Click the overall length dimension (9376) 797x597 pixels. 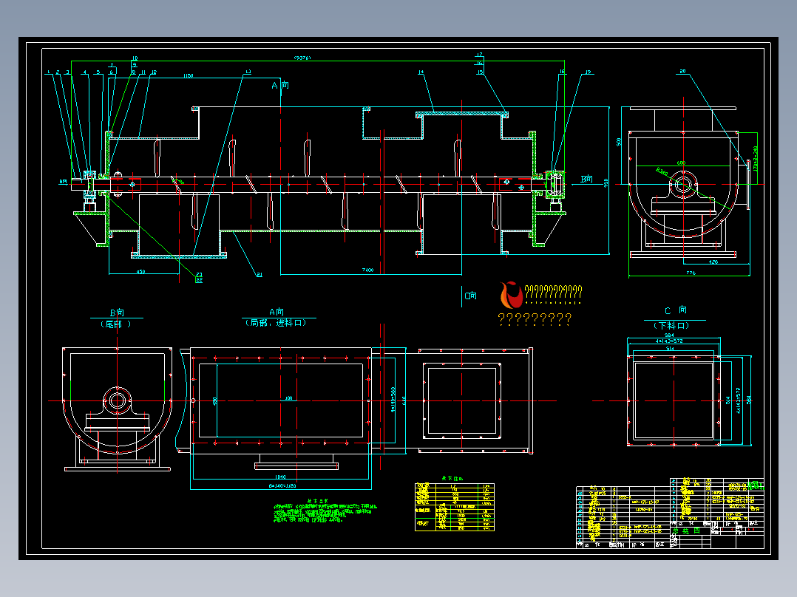[302, 57]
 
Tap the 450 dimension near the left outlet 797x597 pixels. [140, 271]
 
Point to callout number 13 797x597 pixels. [247, 72]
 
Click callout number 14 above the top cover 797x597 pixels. [420, 72]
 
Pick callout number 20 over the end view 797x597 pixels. [682, 72]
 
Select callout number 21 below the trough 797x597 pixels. [260, 275]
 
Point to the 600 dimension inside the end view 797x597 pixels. [681, 163]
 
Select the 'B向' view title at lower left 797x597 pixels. [116, 313]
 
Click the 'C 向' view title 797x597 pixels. [675, 310]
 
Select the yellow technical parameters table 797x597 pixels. [454, 506]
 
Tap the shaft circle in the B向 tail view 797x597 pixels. [118, 400]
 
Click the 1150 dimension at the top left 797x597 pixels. [188, 76]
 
